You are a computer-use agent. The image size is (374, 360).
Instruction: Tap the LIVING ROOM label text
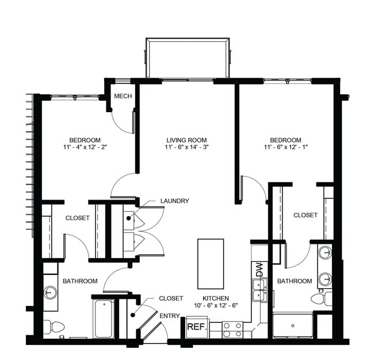pyautogui.click(x=186, y=140)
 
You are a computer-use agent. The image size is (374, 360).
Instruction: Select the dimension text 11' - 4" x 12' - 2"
pyautogui.click(x=85, y=148)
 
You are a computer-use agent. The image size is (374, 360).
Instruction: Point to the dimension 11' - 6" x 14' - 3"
pyautogui.click(x=186, y=148)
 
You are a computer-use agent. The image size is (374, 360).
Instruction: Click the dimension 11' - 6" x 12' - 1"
pyautogui.click(x=285, y=148)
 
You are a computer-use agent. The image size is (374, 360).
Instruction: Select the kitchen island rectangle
pyautogui.click(x=210, y=263)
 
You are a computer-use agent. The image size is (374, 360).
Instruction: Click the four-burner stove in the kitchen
pyautogui.click(x=232, y=330)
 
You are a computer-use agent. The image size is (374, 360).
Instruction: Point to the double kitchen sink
pyautogui.click(x=259, y=290)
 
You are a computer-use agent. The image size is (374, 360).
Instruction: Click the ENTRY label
pyautogui.click(x=170, y=315)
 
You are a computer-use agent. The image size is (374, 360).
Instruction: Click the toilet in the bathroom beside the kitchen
pyautogui.click(x=320, y=298)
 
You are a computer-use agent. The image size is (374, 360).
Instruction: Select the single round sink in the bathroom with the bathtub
pyautogui.click(x=51, y=292)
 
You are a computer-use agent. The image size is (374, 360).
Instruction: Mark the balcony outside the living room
pyautogui.click(x=188, y=58)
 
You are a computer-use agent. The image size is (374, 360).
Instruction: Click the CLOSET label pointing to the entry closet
pyautogui.click(x=171, y=298)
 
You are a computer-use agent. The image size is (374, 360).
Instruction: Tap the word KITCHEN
pyautogui.click(x=216, y=298)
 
